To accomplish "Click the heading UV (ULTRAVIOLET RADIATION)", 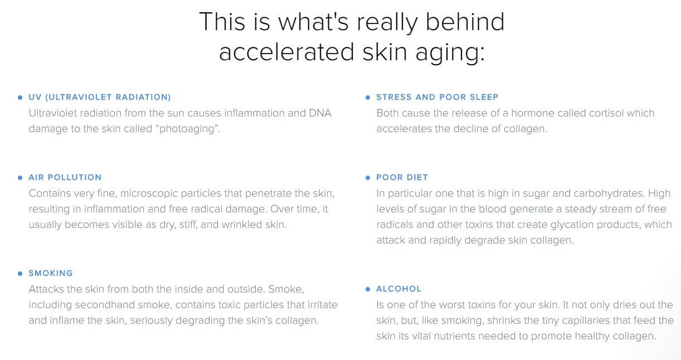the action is pos(100,97).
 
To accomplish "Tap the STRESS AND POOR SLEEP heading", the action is pos(437,97).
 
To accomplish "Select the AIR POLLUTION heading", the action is pos(65,177).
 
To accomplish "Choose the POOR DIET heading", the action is pos(402,177).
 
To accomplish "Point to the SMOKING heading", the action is pos(51,273).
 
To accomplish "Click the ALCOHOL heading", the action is pos(399,289).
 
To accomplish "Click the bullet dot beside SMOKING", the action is pos(20,274).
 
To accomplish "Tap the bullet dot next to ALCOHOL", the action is pos(368,289).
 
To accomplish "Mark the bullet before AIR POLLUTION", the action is pos(20,178).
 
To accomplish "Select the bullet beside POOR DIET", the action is pos(368,178).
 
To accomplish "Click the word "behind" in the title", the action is pos(465,22).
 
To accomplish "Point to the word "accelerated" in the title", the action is pos(286,52).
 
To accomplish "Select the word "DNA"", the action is pos(320,113).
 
